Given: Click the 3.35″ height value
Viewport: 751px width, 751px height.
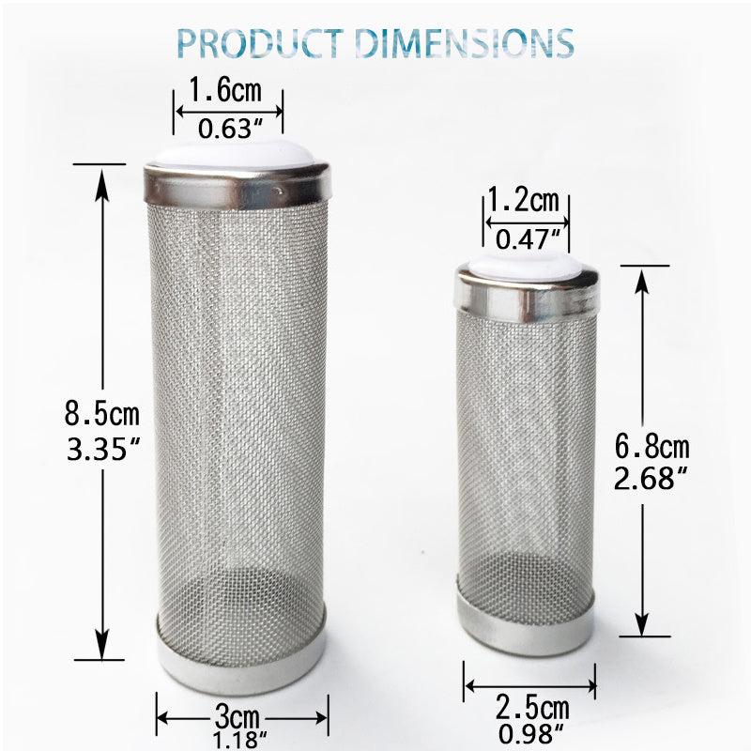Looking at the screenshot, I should point(100,448).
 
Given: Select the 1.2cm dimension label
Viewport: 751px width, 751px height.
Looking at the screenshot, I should point(523,200).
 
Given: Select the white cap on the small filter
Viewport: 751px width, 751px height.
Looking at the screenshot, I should point(526,263).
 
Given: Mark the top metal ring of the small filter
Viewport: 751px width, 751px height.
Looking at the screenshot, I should point(527,292).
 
